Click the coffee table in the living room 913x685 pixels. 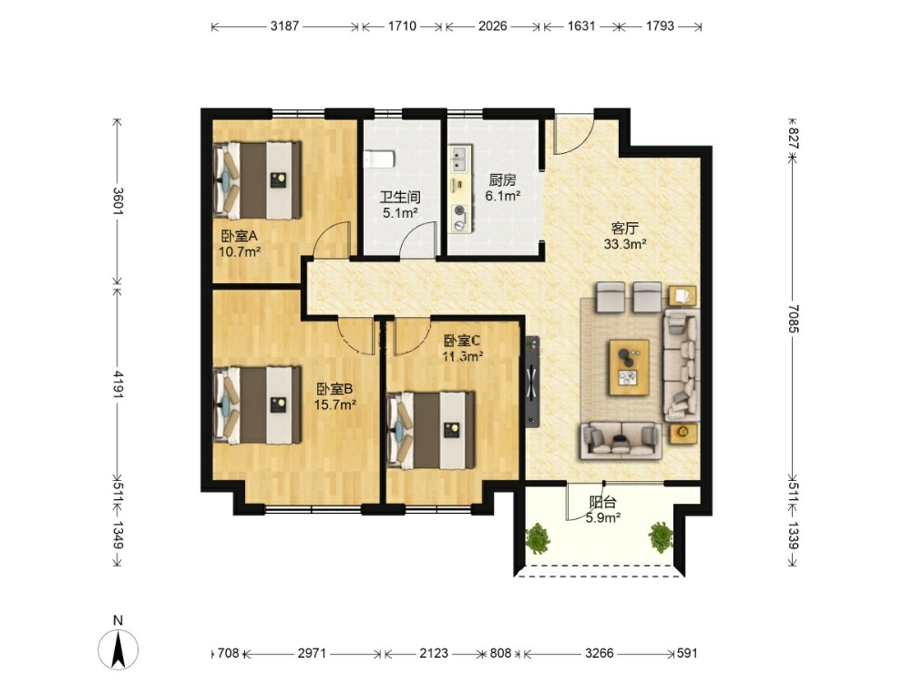tap(629, 367)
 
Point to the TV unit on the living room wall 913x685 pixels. tap(532, 382)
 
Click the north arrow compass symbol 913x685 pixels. tap(118, 649)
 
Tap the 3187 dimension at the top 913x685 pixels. tap(284, 26)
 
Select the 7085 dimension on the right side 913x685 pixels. tap(793, 318)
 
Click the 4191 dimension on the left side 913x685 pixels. tap(118, 384)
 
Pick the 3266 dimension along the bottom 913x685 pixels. tap(600, 653)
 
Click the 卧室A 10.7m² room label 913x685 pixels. tap(239, 244)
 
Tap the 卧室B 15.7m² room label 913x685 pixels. tap(334, 396)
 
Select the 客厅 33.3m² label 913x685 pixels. tap(625, 236)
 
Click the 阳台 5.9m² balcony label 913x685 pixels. tap(602, 509)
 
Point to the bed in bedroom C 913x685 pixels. tap(431, 430)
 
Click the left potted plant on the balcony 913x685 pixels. tap(538, 537)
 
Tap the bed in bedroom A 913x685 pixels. tap(257, 180)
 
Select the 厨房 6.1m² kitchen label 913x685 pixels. tap(502, 188)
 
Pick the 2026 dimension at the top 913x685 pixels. tap(493, 26)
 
